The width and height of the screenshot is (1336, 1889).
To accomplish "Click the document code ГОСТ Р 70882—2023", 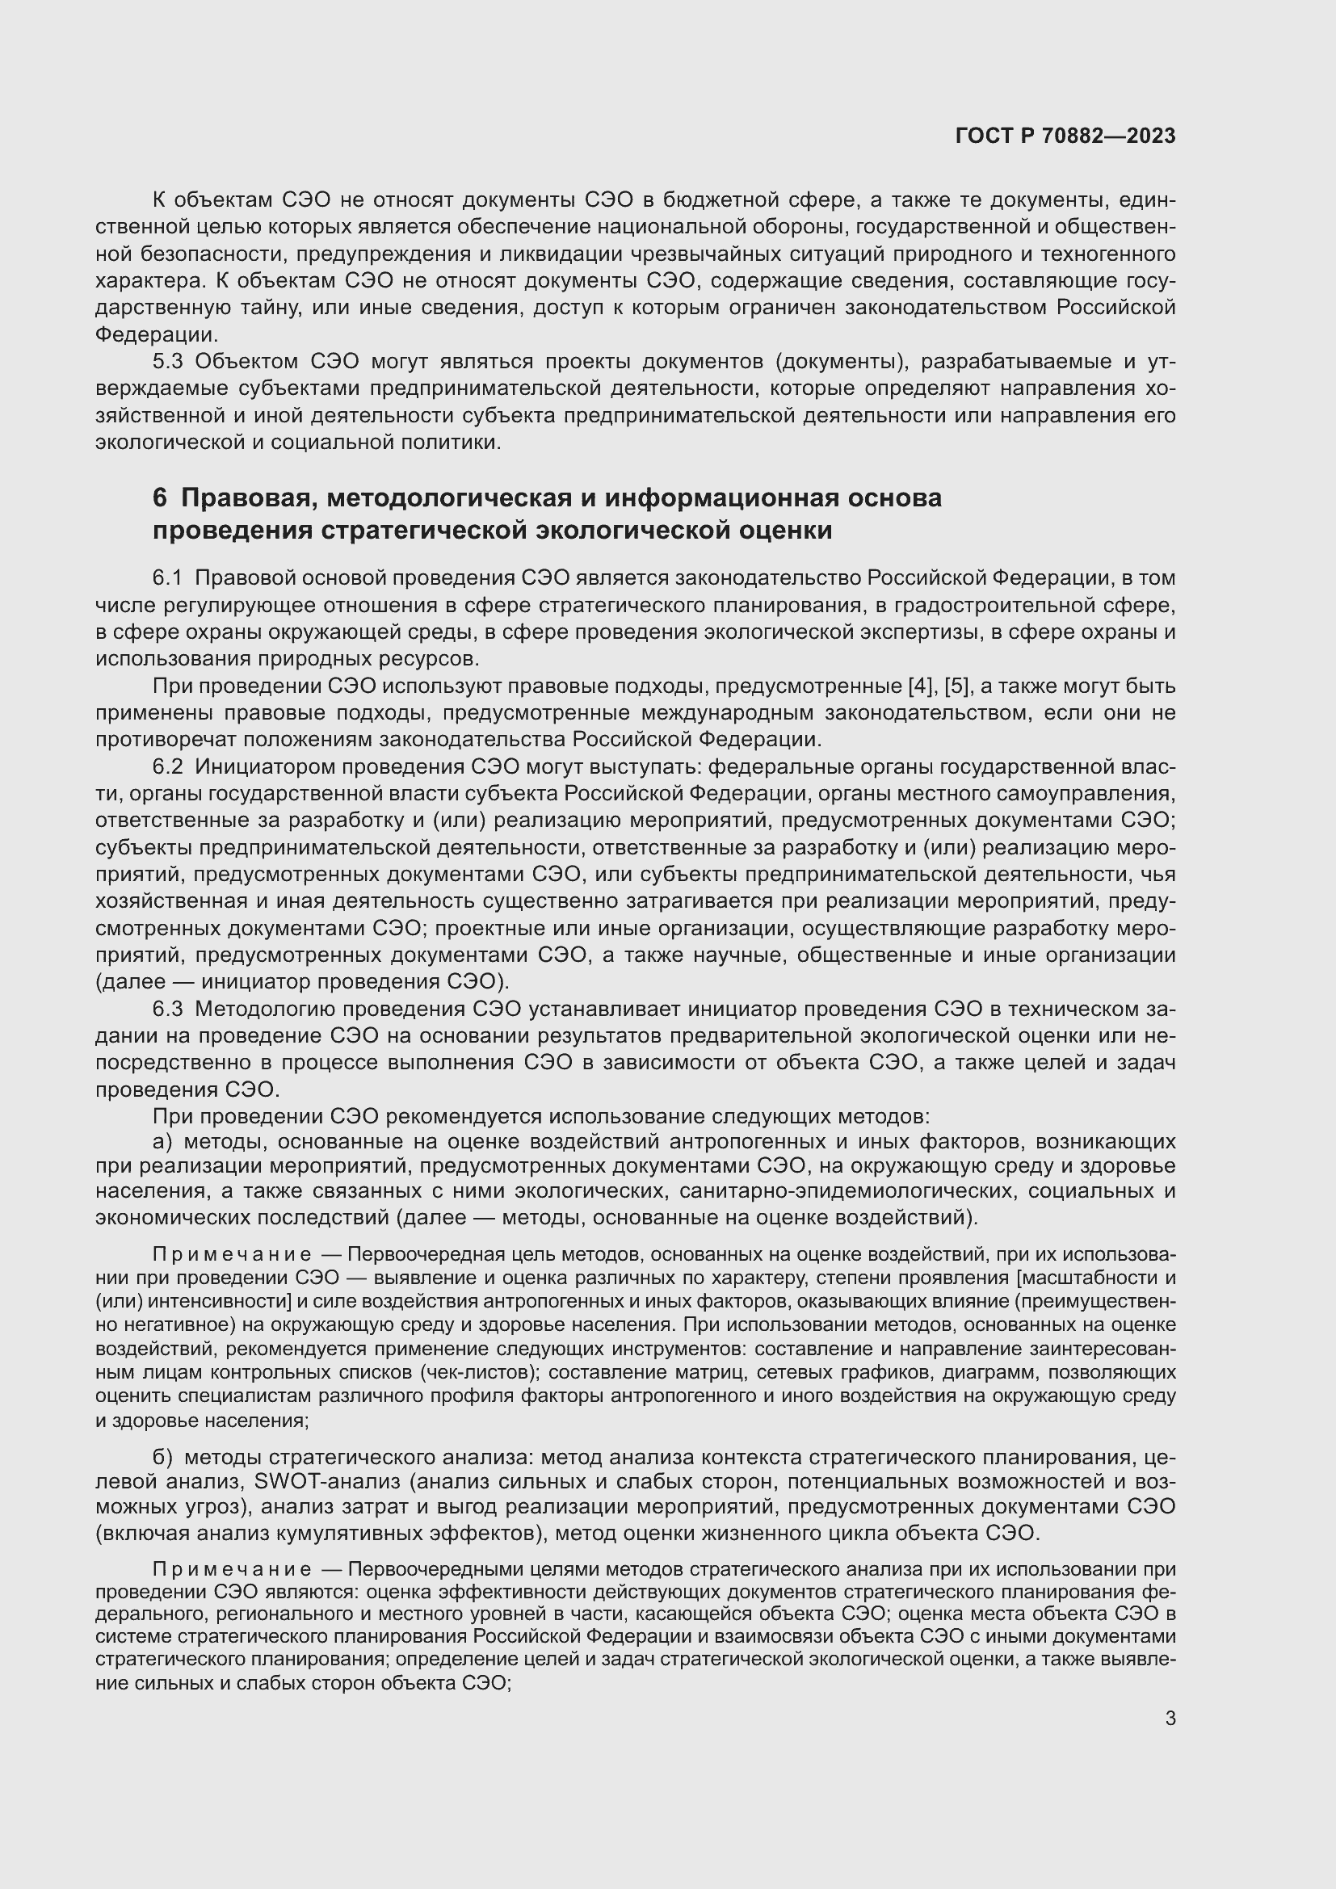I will tap(1065, 136).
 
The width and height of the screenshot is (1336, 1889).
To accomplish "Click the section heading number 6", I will tap(160, 498).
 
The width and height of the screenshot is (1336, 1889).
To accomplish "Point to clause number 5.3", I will tap(169, 362).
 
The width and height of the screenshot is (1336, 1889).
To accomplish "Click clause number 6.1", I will tap(168, 578).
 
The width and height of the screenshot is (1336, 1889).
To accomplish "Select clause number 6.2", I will tap(168, 766).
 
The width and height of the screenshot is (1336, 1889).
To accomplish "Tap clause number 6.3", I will tap(168, 1009).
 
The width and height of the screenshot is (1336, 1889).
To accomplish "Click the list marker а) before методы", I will tap(162, 1142).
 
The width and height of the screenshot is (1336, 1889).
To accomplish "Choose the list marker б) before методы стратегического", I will tap(162, 1457).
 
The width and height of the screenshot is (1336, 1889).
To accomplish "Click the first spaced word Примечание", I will tap(232, 1255).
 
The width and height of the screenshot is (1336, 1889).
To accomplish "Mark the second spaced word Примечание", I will tap(232, 1569).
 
